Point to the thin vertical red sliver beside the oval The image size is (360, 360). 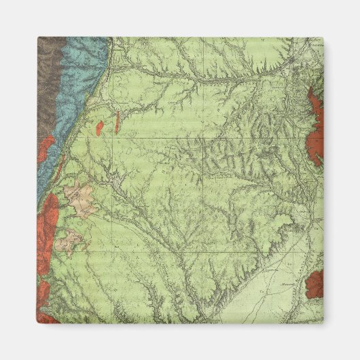118,123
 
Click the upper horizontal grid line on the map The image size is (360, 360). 204,137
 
